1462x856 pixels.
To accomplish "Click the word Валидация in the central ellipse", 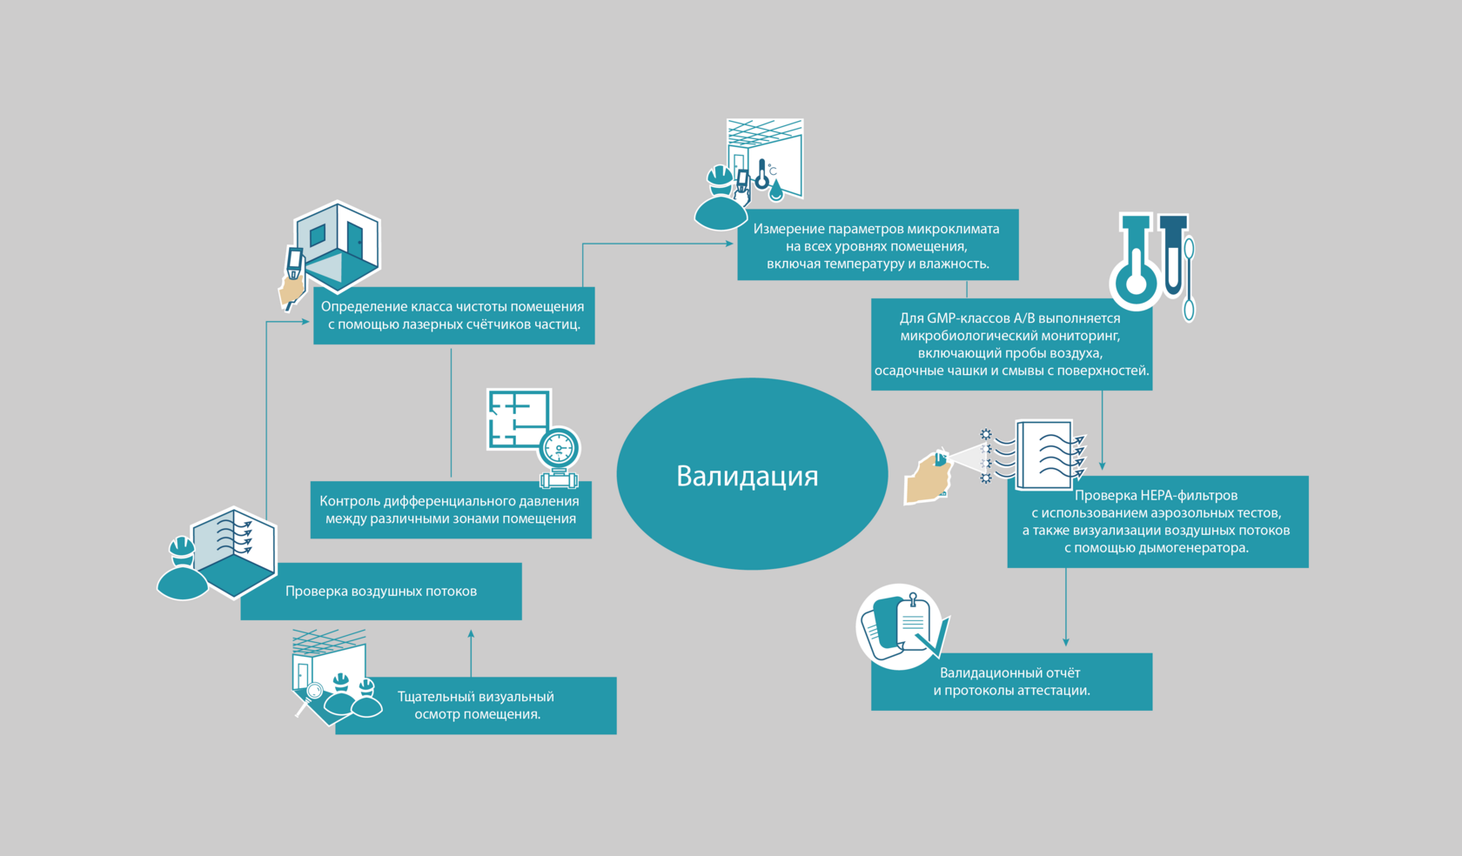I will click(747, 476).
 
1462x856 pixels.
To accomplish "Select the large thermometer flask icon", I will click(1136, 265).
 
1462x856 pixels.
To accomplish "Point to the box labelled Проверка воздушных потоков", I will click(381, 592).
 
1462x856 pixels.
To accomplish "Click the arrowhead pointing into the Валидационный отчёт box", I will click(1066, 642).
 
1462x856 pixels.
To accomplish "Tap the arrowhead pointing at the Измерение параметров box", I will click(729, 244).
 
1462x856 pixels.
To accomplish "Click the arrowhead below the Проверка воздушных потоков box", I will click(471, 634).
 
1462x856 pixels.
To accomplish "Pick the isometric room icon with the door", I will click(338, 245).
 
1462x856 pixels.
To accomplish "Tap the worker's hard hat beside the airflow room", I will click(182, 546).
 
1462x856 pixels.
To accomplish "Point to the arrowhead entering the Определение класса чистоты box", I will click(305, 322).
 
